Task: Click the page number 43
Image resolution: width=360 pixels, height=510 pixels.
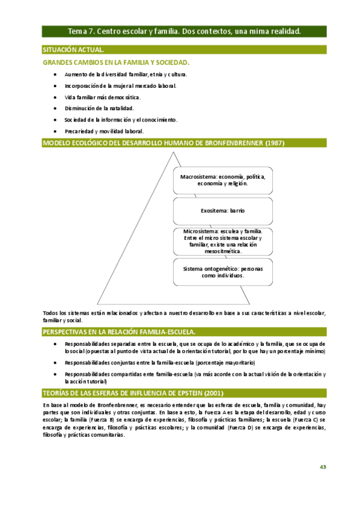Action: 323,467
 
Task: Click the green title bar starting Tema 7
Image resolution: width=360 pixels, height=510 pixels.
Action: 184,31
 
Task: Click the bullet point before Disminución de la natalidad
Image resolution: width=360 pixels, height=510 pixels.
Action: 55,108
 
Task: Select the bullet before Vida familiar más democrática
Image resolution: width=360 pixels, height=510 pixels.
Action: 55,97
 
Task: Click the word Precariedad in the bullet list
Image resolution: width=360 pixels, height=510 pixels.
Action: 79,131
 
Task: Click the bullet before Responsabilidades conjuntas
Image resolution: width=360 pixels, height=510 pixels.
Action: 55,363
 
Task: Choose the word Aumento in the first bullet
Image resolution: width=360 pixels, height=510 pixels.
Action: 76,74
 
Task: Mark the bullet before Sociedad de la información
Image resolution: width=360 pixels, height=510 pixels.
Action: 55,120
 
